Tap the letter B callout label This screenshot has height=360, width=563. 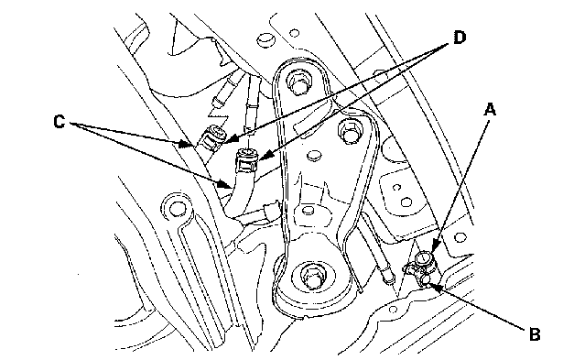(536, 333)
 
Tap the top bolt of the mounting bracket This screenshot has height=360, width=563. (297, 82)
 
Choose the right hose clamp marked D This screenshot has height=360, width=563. (244, 162)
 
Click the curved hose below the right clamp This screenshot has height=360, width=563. (241, 197)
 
